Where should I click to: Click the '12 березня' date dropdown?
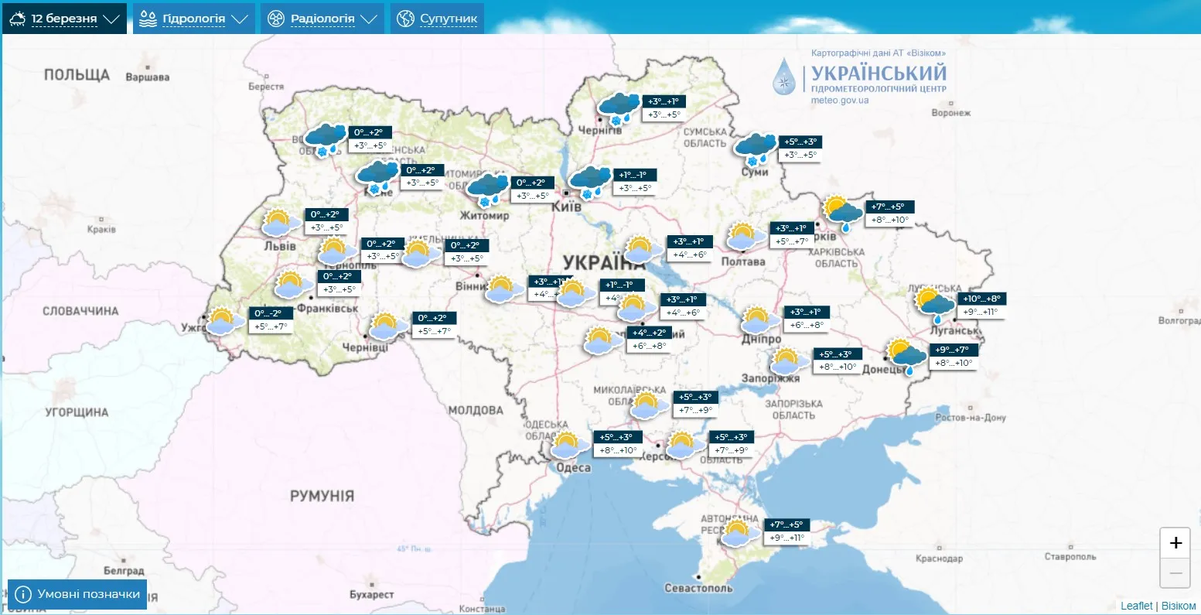click(64, 19)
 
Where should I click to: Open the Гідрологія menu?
click(193, 19)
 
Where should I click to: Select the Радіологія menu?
click(322, 19)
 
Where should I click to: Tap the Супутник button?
click(438, 19)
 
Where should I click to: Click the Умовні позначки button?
click(78, 594)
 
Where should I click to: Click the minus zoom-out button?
click(1175, 573)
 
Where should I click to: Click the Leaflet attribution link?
click(1136, 606)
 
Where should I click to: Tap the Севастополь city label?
click(698, 588)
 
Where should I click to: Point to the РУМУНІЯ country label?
click(322, 496)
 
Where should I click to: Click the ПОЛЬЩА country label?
click(77, 75)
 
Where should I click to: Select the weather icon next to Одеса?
click(568, 446)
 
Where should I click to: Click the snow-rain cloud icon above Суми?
click(755, 148)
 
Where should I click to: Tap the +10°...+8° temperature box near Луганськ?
click(982, 299)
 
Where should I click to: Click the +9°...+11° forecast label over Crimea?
click(787, 538)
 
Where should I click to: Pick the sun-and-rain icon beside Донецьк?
click(906, 354)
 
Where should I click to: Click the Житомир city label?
click(485, 215)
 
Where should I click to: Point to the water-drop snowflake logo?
click(784, 77)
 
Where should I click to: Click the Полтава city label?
click(742, 261)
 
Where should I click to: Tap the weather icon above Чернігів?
click(619, 108)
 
